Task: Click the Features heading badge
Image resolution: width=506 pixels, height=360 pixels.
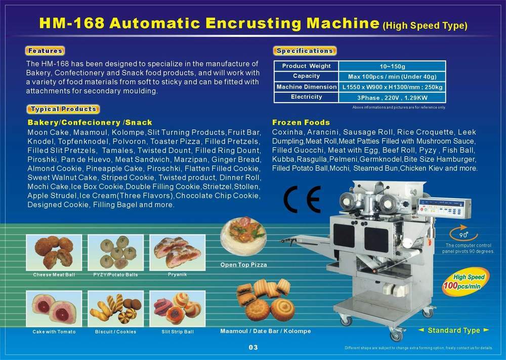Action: point(46,51)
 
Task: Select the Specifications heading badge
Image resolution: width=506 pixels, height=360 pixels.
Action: point(305,51)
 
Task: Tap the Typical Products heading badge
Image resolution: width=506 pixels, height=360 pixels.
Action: point(63,109)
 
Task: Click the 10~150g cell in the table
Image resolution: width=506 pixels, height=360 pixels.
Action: point(392,66)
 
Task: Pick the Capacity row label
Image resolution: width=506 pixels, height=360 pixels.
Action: point(306,76)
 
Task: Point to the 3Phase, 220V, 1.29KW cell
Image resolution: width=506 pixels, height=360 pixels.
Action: point(392,97)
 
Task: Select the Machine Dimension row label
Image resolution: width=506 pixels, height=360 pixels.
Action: point(306,87)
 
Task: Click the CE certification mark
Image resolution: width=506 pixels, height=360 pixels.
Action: point(302,199)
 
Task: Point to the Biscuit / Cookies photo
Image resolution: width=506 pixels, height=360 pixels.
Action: point(115,308)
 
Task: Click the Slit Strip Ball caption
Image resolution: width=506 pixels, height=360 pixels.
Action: point(177,332)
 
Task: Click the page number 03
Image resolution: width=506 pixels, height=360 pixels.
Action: point(254,347)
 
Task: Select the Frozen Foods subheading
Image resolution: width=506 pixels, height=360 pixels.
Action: point(301,122)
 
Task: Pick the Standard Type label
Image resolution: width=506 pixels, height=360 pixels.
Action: point(454,331)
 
